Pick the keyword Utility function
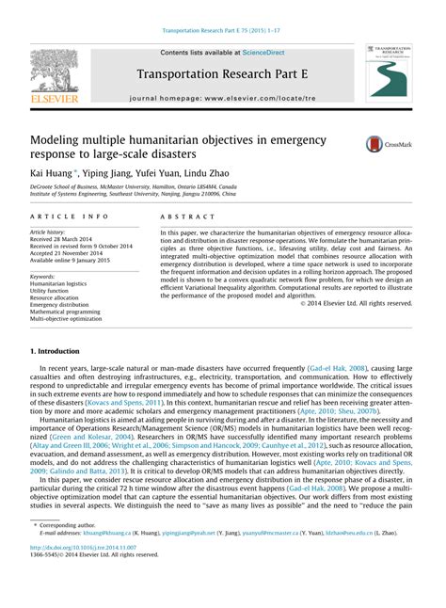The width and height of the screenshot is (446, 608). point(54,289)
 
